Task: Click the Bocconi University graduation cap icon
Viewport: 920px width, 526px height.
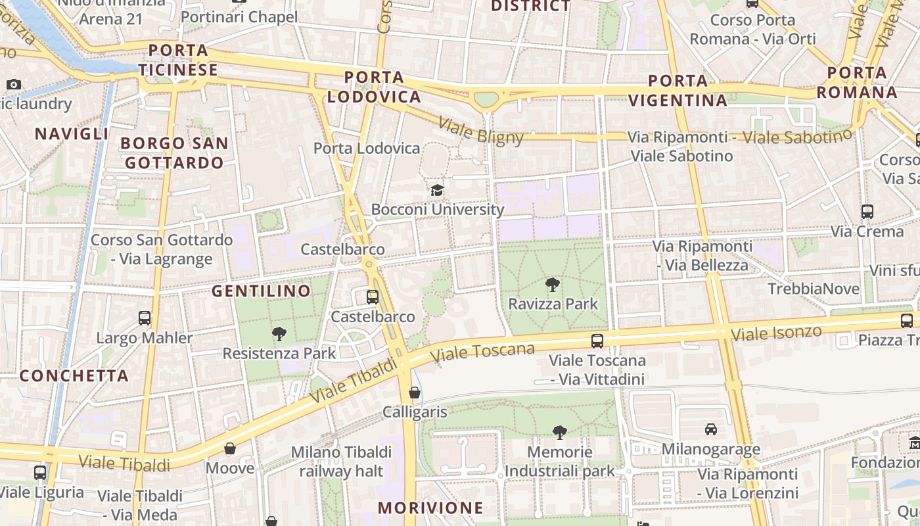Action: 437,191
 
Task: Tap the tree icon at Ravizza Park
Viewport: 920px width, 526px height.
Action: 553,285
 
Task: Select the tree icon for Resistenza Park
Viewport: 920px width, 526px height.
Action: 279,334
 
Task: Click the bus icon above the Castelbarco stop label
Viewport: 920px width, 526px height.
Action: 373,297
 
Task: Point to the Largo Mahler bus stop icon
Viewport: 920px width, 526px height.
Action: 145,318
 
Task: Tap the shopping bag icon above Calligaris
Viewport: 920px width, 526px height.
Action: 415,393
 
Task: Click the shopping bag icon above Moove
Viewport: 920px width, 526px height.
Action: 230,449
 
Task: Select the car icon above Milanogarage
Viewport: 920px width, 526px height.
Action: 710,429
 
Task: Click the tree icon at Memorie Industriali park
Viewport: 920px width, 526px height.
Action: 559,433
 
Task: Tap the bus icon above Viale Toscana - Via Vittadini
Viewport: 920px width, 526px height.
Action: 597,341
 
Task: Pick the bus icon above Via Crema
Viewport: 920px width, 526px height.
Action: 867,212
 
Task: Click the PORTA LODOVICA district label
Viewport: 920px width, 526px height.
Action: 374,87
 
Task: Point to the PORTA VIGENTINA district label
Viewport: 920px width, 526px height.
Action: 678,91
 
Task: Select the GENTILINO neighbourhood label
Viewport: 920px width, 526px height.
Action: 261,291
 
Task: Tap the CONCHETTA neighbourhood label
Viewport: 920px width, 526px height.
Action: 74,376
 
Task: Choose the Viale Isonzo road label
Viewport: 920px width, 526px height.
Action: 776,333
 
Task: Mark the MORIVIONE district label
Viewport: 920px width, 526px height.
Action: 430,508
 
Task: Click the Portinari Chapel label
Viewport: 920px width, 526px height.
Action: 239,17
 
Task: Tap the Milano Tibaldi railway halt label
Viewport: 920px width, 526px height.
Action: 341,462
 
